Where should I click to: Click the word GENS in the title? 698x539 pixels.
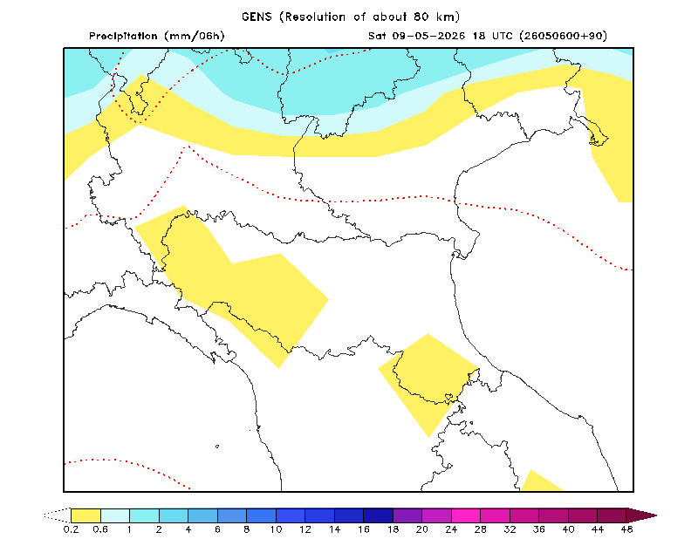tap(257, 17)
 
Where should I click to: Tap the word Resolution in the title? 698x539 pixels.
tap(315, 17)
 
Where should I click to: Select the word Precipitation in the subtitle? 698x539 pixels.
tap(123, 36)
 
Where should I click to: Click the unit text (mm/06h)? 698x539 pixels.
tap(195, 36)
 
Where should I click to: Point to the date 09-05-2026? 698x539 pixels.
tap(428, 36)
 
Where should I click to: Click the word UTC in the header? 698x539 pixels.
tap(503, 36)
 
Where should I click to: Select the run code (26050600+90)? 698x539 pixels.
tap(563, 36)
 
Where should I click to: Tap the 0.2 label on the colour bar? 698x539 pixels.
tap(71, 529)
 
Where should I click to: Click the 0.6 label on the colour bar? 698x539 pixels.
tap(100, 529)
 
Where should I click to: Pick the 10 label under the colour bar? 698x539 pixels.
tap(276, 529)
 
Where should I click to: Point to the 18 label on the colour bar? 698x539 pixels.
tap(393, 529)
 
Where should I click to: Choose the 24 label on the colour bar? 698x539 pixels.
tap(451, 529)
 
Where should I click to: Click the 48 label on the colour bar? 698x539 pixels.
tap(626, 529)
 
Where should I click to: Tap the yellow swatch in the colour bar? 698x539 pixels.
tap(86, 515)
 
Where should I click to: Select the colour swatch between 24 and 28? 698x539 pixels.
tap(466, 515)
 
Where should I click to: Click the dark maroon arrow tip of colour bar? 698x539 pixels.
tap(641, 515)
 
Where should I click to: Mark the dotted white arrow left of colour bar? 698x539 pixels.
tap(58, 515)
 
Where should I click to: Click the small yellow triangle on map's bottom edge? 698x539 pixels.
tap(540, 482)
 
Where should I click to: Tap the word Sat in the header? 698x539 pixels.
tap(377, 36)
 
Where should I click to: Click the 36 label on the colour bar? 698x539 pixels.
tap(539, 529)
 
